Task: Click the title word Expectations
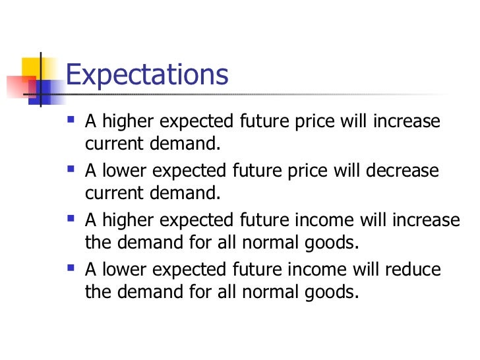tap(147, 76)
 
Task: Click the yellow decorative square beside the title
tap(32, 68)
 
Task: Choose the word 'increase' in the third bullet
tap(427, 220)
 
